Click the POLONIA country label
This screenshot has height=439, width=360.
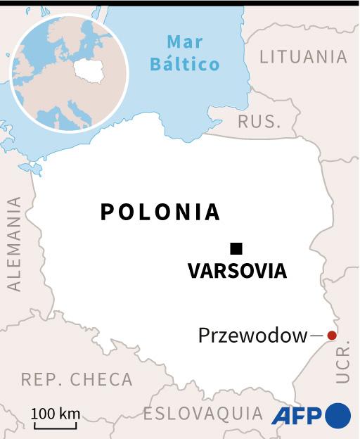point(160,212)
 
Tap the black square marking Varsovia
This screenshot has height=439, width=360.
point(236,248)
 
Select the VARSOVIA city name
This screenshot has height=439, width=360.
point(237,271)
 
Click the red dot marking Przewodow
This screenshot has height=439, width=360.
point(332,336)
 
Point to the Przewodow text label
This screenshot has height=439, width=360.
point(253,336)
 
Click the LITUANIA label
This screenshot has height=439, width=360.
point(303,57)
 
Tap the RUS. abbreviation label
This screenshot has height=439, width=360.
point(259,121)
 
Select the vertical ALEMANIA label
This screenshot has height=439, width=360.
point(13,243)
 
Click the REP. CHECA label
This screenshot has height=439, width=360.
point(77,379)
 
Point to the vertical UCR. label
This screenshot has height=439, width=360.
point(342,364)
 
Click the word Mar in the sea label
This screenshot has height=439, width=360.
point(185,42)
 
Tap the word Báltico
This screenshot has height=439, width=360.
point(185,64)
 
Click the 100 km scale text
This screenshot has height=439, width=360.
point(56,413)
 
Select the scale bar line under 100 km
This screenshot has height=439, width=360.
point(56,425)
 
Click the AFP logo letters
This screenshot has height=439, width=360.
point(297,415)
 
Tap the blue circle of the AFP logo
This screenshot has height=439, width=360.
point(337,415)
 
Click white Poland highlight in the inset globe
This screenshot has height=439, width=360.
point(89,70)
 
